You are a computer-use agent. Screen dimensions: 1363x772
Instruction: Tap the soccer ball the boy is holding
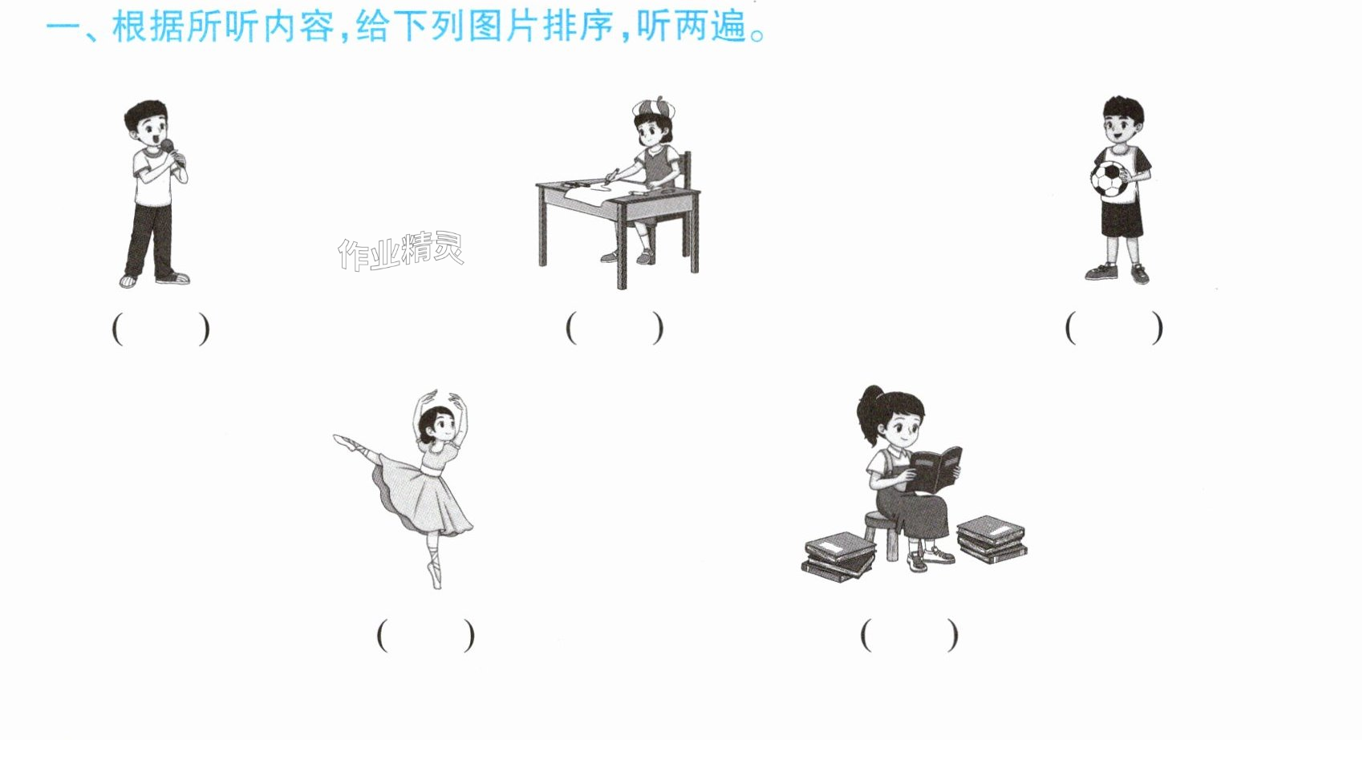(1110, 180)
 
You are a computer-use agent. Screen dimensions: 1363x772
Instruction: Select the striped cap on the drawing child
(654, 107)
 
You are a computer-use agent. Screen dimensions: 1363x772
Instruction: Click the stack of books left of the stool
(839, 556)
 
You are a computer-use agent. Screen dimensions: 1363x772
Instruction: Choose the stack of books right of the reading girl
(992, 539)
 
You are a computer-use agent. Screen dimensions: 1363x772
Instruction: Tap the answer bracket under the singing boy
(160, 329)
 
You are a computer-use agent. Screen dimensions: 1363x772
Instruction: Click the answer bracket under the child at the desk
(615, 328)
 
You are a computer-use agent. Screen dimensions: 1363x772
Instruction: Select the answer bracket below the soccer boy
(1114, 328)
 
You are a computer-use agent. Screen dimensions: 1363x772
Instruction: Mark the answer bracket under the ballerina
(426, 635)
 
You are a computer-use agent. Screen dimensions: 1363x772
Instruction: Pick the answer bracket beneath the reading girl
(910, 635)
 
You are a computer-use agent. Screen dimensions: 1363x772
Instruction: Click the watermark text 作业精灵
(401, 250)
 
